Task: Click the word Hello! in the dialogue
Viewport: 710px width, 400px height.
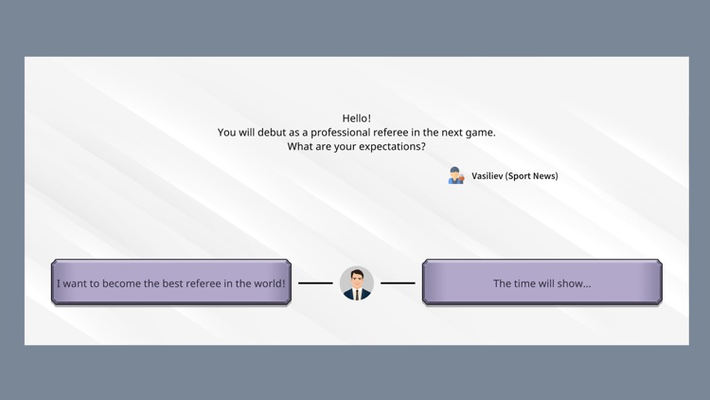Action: [x=357, y=118]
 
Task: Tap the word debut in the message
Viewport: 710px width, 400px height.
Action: [x=275, y=133]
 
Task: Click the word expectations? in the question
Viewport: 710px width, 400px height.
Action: [x=392, y=147]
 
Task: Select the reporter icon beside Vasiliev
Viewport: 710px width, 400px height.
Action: [x=456, y=175]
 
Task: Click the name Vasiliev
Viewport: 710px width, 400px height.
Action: [x=488, y=176]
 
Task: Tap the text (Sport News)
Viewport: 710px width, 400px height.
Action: [x=532, y=176]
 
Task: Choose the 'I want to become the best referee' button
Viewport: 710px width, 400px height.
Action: [x=170, y=282]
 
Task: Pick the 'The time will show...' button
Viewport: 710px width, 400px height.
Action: [x=541, y=282]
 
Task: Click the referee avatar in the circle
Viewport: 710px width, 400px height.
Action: [x=357, y=282]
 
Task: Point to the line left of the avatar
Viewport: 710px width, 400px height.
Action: [x=315, y=282]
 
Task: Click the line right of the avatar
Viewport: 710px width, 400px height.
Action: [x=398, y=282]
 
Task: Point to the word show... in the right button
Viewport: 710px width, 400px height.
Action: [x=575, y=283]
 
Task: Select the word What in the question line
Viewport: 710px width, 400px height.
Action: [x=300, y=147]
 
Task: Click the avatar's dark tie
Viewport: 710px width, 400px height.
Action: [x=357, y=293]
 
